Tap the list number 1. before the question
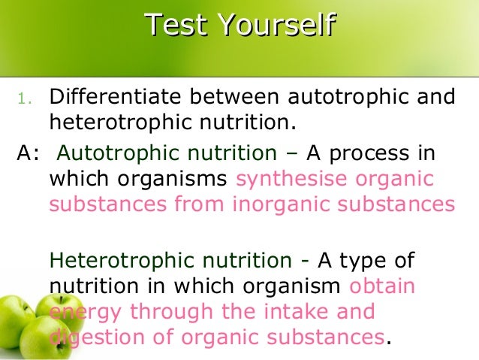[26, 98]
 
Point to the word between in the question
[218, 98]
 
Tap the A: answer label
[27, 154]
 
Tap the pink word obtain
[382, 286]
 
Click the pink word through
[163, 311]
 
